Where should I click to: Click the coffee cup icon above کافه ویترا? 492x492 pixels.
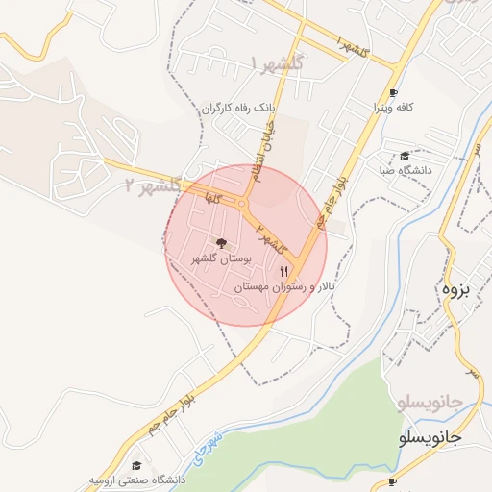click(x=392, y=93)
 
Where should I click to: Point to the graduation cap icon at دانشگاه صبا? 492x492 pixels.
click(x=405, y=156)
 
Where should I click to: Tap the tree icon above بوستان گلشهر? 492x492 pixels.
click(x=222, y=244)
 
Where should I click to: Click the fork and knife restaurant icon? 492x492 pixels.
click(x=283, y=272)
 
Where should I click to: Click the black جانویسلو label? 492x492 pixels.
click(x=430, y=437)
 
